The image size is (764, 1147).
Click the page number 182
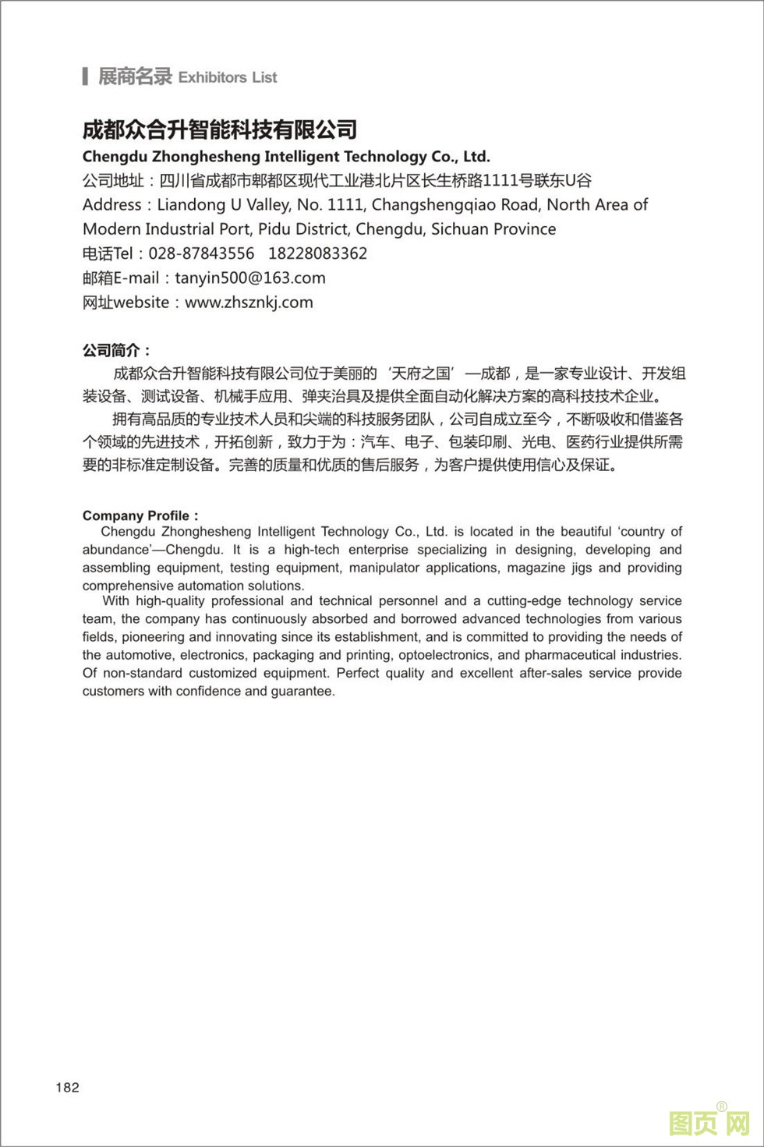[x=67, y=1087]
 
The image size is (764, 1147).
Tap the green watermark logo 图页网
[x=709, y=1124]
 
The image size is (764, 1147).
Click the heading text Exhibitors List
[x=228, y=77]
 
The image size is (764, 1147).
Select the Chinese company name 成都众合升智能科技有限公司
[x=220, y=129]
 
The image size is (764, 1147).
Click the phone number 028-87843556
[x=201, y=253]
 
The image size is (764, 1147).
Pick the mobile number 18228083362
[x=317, y=253]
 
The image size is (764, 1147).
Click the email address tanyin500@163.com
[x=250, y=278]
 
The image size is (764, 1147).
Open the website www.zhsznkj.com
[x=249, y=302]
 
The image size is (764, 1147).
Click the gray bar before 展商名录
[x=85, y=76]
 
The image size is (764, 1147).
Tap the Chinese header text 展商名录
[x=134, y=76]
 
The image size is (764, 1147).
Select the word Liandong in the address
[x=191, y=205]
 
